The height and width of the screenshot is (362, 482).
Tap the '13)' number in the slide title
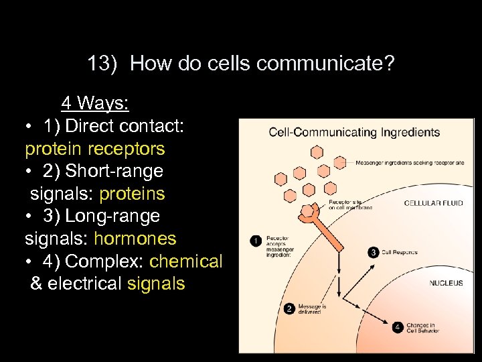click(102, 64)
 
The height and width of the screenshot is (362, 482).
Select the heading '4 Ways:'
click(95, 103)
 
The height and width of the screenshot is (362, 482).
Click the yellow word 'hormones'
click(135, 239)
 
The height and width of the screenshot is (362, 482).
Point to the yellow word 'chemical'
click(186, 261)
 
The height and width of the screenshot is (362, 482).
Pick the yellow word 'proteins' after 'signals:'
click(132, 194)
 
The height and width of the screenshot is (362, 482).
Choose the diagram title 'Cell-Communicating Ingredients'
click(354, 131)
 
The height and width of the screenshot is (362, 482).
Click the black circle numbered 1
click(255, 239)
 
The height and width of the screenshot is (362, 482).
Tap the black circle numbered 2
click(289, 309)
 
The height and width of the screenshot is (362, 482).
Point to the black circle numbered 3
click(374, 252)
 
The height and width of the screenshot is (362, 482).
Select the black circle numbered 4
click(398, 327)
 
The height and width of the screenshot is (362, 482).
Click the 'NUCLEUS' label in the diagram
click(446, 284)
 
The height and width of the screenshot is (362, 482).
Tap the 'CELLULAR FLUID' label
click(434, 203)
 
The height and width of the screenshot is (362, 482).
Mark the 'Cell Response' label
click(400, 252)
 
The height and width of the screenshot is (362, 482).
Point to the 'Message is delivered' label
click(313, 309)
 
